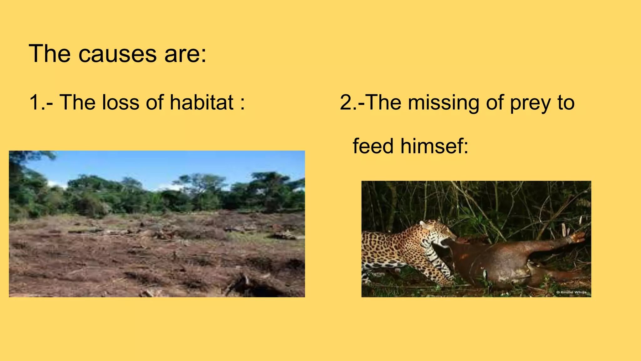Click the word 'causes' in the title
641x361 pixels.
(x=117, y=54)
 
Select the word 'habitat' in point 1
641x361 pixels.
(x=202, y=102)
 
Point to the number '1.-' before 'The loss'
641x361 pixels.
(x=41, y=102)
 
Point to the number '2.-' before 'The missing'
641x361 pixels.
(x=352, y=102)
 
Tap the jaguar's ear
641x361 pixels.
(x=424, y=224)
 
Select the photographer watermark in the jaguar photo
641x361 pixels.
(x=571, y=292)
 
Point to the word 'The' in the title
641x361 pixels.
(x=49, y=54)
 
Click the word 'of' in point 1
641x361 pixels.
(x=155, y=102)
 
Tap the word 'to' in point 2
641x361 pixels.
(x=566, y=102)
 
